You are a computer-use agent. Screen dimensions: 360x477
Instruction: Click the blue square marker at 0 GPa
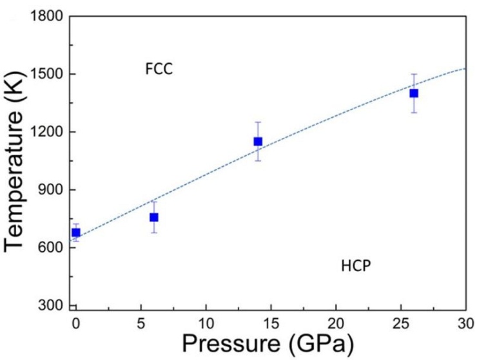pos(76,232)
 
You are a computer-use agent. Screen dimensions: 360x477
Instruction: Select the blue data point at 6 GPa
pos(154,218)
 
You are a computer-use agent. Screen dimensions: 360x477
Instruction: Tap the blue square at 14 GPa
pos(258,142)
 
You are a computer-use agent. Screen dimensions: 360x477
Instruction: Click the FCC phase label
pos(159,68)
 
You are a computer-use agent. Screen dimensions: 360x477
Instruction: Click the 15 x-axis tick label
pos(271,321)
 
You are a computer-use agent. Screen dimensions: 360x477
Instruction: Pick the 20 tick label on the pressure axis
pos(336,321)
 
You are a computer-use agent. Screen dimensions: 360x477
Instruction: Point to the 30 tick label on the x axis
pos(465,321)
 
